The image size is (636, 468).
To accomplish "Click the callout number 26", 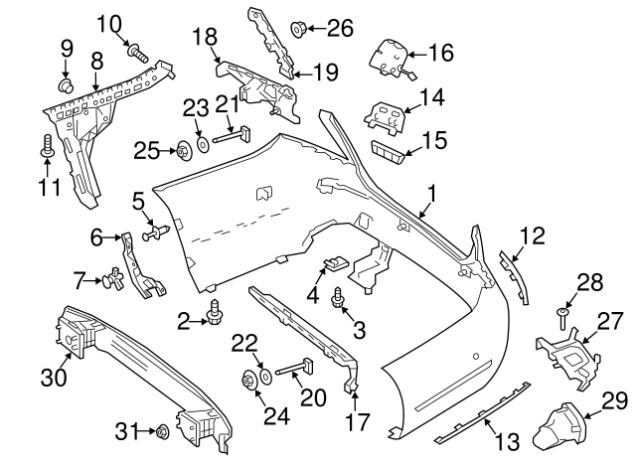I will click(339, 28).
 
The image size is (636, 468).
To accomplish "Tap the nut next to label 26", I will click(298, 28).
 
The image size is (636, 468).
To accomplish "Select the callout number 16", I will click(439, 51).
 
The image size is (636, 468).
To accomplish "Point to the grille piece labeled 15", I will click(390, 151).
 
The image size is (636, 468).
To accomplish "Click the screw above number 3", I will click(341, 295).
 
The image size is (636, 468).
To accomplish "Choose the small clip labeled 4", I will click(335, 264).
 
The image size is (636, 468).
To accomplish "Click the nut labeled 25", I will click(184, 151).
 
